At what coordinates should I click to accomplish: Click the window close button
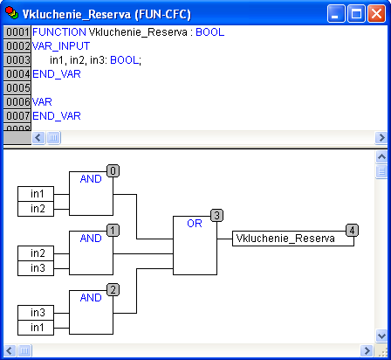376,13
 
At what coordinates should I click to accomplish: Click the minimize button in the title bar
336,13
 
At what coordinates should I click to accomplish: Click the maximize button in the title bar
356,13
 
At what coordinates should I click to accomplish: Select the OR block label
195,224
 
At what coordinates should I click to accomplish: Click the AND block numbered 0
91,193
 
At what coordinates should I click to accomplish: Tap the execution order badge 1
113,231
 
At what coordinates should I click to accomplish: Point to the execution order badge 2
113,290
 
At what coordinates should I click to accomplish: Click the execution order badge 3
216,216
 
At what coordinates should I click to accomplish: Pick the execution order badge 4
352,231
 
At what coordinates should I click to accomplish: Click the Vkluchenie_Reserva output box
293,239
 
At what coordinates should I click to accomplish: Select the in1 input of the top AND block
36,194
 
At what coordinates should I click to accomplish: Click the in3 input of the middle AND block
36,268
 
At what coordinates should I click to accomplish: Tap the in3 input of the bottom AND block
36,313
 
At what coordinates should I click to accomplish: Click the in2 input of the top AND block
36,209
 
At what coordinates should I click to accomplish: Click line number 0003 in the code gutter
17,60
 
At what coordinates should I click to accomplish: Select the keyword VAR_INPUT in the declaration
61,46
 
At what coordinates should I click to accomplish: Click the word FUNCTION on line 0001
59,32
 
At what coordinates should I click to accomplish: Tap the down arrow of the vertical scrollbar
381,336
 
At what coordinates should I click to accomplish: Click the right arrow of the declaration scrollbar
381,137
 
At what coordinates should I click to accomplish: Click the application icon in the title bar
11,13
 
